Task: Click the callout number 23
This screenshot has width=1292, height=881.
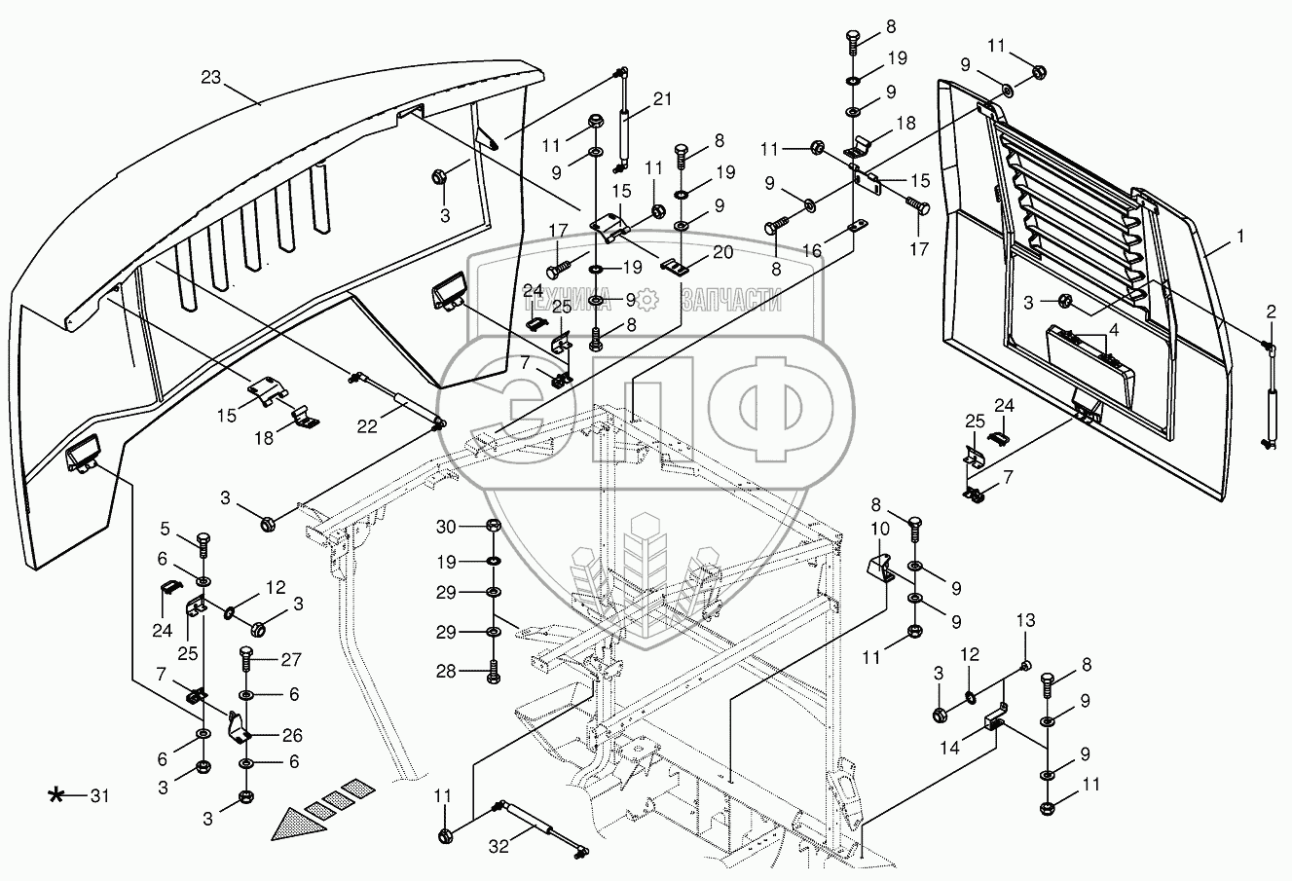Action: (x=211, y=77)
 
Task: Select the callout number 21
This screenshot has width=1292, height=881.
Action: (x=663, y=99)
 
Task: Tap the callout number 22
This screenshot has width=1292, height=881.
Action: (x=367, y=426)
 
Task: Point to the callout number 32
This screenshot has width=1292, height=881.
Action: (x=498, y=846)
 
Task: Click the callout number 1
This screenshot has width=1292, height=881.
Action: (x=1239, y=237)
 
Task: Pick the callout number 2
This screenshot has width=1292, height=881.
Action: (x=1272, y=312)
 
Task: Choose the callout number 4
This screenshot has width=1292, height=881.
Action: (x=1114, y=330)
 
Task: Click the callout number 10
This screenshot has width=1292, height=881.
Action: (x=880, y=529)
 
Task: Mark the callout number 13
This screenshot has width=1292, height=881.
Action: (x=1025, y=620)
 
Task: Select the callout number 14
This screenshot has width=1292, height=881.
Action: (x=949, y=748)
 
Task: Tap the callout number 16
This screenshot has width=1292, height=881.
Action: (x=812, y=250)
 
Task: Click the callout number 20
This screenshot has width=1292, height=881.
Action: (x=722, y=252)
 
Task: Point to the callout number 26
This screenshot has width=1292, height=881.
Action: (x=292, y=735)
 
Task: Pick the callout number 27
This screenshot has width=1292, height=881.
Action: (x=291, y=659)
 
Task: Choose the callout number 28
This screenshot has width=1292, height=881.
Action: (x=446, y=671)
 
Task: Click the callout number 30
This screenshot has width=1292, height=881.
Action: (x=446, y=527)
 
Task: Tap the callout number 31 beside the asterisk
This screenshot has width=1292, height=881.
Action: (x=99, y=796)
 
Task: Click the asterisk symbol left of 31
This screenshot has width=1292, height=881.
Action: (x=55, y=796)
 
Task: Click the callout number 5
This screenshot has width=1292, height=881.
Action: (x=166, y=529)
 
